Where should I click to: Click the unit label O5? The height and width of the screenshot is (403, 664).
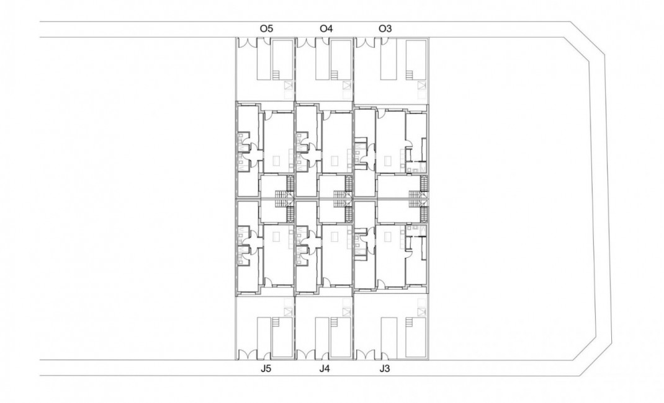(267, 29)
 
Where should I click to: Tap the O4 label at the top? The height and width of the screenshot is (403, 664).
(326, 29)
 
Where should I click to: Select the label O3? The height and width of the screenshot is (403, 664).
(385, 29)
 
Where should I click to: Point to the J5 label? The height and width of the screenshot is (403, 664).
(266, 370)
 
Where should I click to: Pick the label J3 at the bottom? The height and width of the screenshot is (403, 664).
(385, 370)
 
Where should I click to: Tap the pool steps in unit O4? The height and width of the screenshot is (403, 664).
(336, 75)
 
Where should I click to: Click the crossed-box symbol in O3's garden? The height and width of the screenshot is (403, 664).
(421, 86)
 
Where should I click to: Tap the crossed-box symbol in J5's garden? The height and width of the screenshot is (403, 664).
(287, 311)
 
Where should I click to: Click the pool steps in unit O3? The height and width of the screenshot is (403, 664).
(410, 75)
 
